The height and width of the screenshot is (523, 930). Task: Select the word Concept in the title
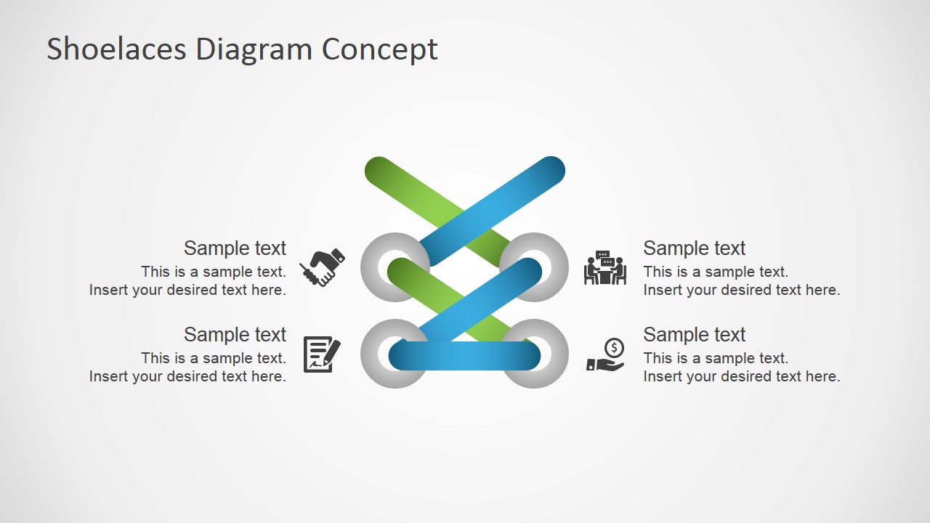pos(379,49)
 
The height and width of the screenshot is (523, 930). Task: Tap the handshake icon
pos(322,267)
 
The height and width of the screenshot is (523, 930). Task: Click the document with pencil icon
pos(321,354)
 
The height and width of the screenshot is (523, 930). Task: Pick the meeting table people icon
pos(604,268)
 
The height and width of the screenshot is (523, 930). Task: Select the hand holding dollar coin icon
pos(605,355)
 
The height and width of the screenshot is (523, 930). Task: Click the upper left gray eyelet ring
pos(373,267)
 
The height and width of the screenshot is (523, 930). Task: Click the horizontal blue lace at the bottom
pos(465,356)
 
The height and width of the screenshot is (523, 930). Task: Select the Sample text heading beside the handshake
pos(235,248)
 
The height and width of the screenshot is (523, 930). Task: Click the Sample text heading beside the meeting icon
pos(694,248)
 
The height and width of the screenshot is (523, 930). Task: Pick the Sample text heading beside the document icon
pos(235,335)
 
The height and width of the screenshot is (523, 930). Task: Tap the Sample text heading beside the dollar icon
pos(694,335)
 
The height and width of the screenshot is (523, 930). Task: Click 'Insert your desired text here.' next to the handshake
pos(187,290)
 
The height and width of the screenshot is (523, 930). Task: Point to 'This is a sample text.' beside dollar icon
pos(715,358)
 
